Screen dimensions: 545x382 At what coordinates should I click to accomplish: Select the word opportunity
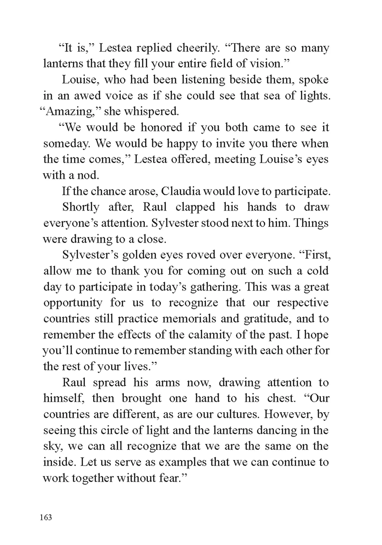click(x=73, y=303)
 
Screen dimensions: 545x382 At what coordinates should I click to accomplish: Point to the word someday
click(x=66, y=144)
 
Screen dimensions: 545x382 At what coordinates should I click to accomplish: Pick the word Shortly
click(x=81, y=207)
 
